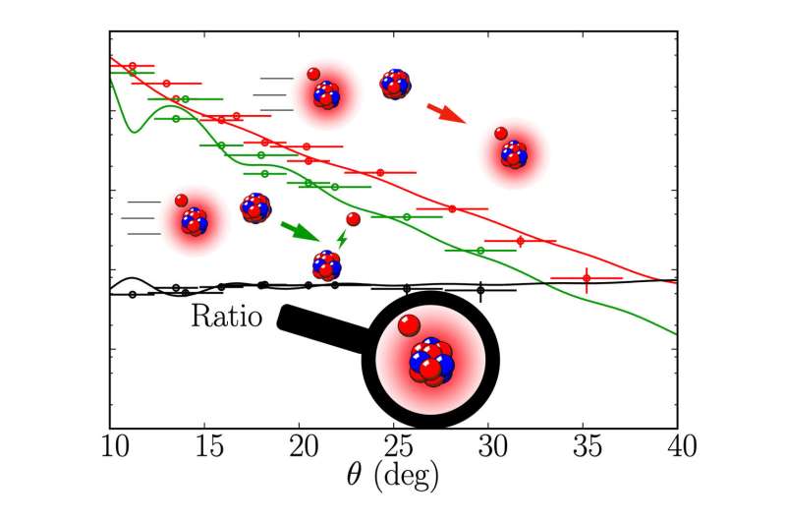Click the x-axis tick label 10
click(109, 448)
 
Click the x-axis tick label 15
click(204, 448)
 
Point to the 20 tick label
click(299, 448)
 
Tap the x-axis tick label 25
click(394, 448)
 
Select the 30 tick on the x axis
click(488, 448)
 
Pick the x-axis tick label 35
click(583, 448)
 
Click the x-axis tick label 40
click(677, 448)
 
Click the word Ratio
click(225, 318)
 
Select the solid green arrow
click(300, 231)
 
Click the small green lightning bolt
click(342, 238)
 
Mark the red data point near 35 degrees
click(587, 279)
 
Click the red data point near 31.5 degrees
click(520, 241)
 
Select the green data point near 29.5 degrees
click(480, 251)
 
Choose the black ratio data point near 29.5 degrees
click(480, 289)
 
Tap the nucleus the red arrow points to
click(513, 152)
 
